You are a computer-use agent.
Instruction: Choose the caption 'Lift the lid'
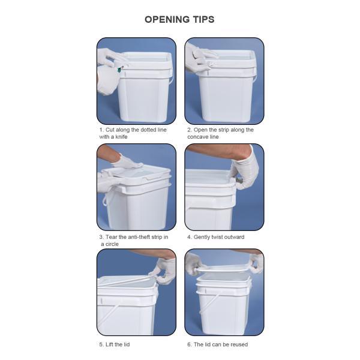(114, 344)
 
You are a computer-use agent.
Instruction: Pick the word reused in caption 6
(237, 344)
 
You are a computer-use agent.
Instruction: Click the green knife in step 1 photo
(120, 70)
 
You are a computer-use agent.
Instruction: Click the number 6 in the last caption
(188, 344)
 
